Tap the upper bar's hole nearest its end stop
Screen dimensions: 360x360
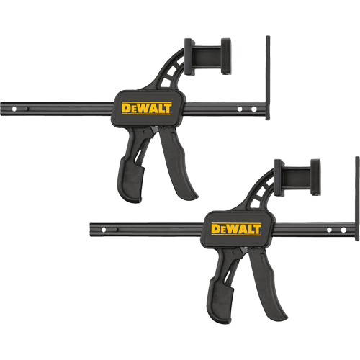point(253,109)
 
